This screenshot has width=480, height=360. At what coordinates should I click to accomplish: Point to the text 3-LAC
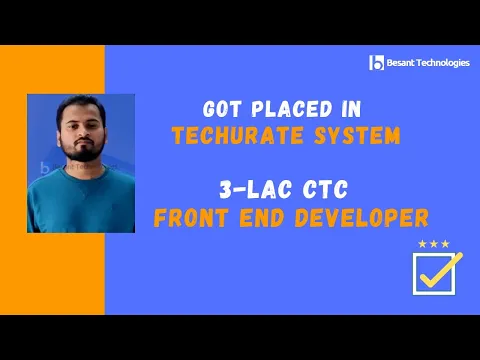(x=239, y=188)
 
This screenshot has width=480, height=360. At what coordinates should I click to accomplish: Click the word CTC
(x=312, y=188)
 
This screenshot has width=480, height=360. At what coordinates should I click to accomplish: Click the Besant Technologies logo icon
(x=376, y=63)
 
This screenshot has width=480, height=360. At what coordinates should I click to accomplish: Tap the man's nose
(x=81, y=131)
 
